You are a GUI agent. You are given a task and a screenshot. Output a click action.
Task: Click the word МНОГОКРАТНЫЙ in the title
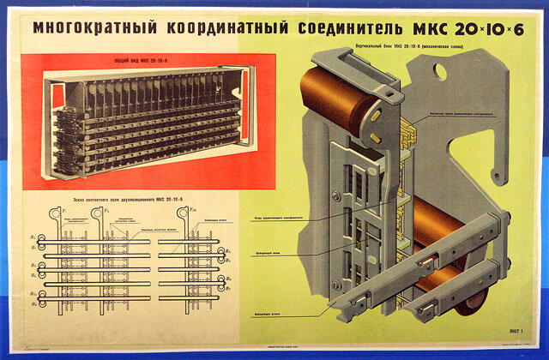(90, 28)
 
